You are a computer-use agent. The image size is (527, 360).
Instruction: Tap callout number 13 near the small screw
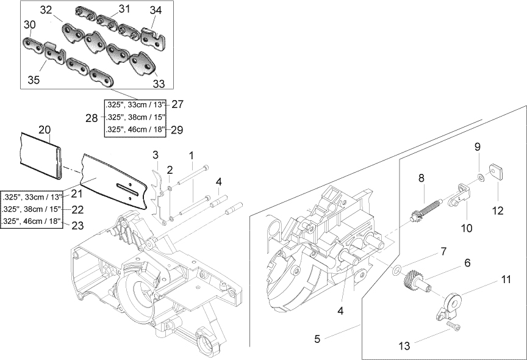click(404, 346)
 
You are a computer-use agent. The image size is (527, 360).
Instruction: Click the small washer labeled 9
click(482, 177)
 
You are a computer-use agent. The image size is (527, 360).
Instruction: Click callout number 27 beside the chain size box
click(177, 104)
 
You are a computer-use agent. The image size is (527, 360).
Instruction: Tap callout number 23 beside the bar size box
click(77, 225)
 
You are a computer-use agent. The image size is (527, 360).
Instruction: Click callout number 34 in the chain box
click(156, 10)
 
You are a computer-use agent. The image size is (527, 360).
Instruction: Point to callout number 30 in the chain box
click(30, 24)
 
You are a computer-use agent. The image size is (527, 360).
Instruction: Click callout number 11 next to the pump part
click(506, 279)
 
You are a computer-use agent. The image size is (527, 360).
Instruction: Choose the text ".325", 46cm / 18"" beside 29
click(134, 129)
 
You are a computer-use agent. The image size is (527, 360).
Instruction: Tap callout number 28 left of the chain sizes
click(92, 117)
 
